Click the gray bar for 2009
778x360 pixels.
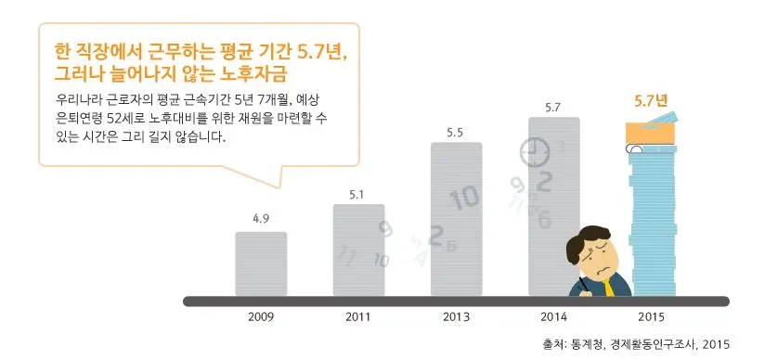tap(261, 264)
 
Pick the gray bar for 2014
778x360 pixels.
tap(553, 186)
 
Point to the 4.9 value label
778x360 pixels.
tap(261, 219)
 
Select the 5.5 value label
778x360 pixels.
tap(456, 132)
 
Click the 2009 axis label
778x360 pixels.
tap(261, 316)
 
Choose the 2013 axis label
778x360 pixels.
tap(456, 316)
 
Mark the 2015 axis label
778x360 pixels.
tap(652, 316)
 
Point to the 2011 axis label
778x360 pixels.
tap(358, 316)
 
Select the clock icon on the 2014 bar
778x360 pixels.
tap(534, 151)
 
